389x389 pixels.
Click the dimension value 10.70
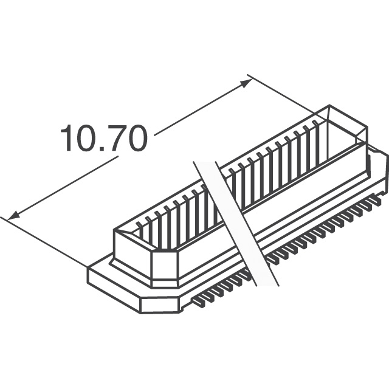pyautogui.click(x=104, y=138)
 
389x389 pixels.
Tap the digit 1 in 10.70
pyautogui.click(x=66, y=138)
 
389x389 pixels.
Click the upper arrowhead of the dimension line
pyautogui.click(x=246, y=83)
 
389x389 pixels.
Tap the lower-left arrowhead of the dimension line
pyautogui.click(x=13, y=215)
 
